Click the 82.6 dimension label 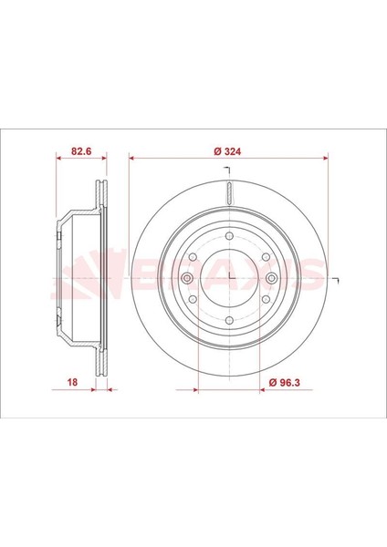81,151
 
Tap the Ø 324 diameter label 227,151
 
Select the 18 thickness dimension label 72,382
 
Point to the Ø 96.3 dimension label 285,382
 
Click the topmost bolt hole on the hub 229,235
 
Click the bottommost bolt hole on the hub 229,320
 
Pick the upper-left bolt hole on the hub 193,257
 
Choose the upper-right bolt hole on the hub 266,257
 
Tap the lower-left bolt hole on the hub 193,299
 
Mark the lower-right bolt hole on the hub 266,299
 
